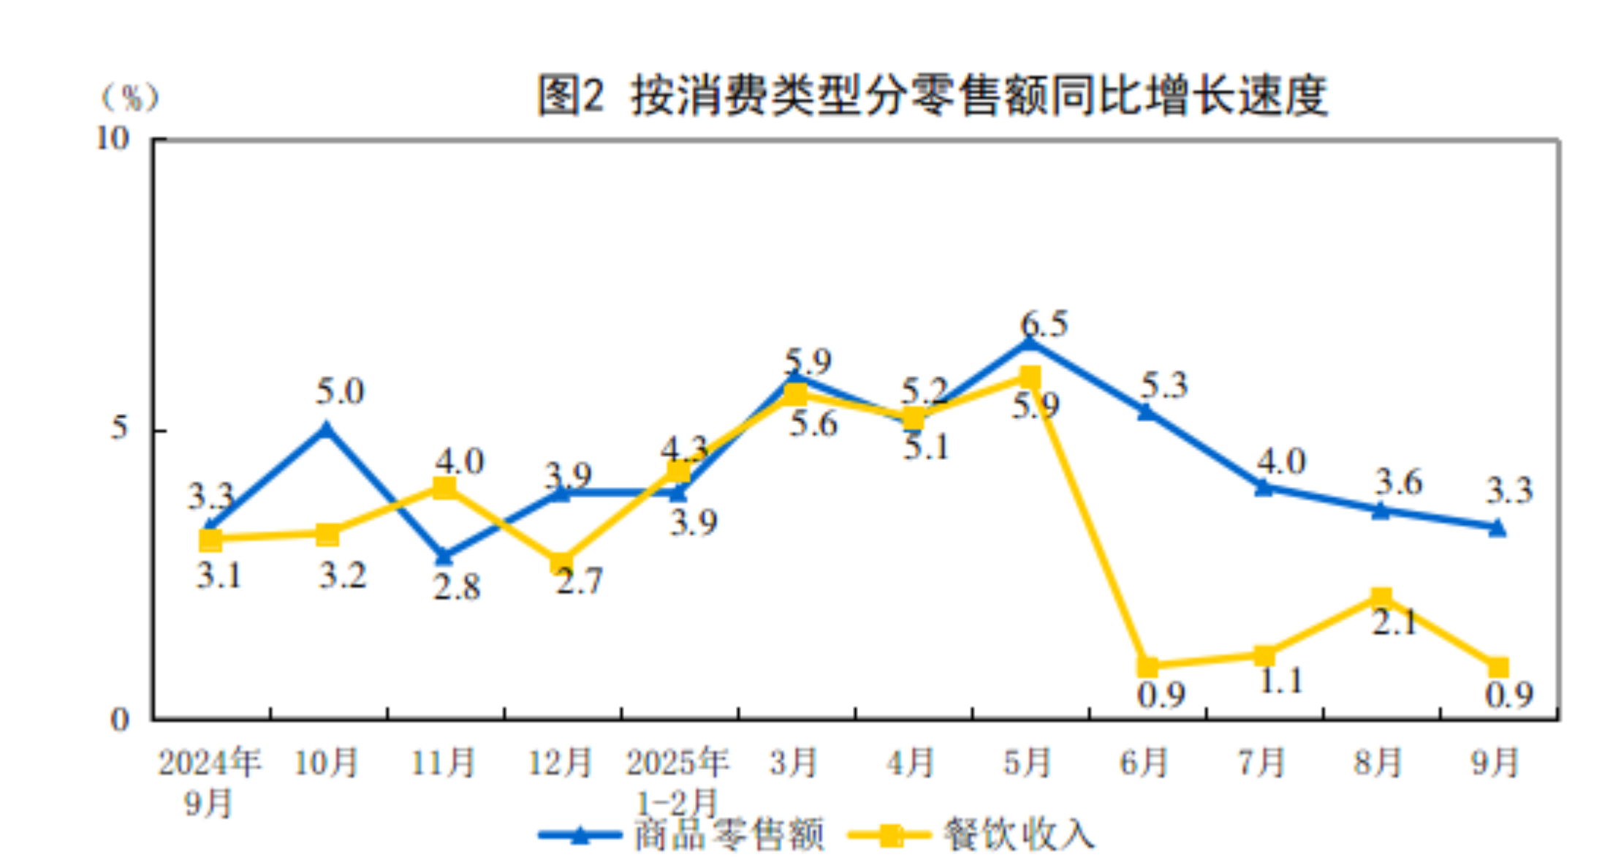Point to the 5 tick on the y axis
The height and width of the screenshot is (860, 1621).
click(119, 428)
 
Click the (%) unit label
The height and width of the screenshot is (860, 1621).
click(130, 97)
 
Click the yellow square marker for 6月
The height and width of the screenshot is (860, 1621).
click(1147, 666)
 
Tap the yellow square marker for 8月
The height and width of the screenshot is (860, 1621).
click(1381, 598)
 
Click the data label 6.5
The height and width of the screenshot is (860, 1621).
click(1044, 324)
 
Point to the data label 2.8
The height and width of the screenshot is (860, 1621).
click(457, 587)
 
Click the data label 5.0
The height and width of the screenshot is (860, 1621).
click(340, 392)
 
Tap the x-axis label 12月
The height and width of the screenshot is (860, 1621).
click(560, 763)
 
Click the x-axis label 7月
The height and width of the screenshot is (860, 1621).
click(1261, 763)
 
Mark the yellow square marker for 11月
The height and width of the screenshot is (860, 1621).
click(444, 488)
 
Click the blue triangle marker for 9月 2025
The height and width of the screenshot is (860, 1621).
click(1497, 527)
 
